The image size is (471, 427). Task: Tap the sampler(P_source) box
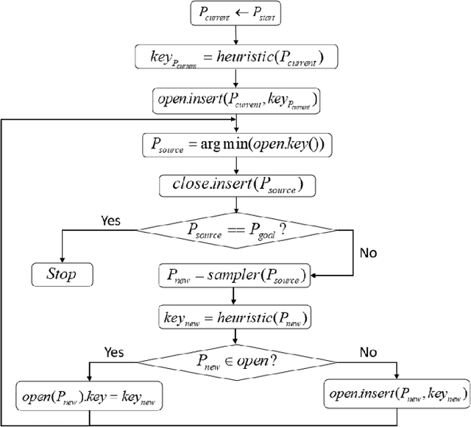point(233,276)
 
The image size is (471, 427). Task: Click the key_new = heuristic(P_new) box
point(233,317)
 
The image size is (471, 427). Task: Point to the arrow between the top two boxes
point(233,35)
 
